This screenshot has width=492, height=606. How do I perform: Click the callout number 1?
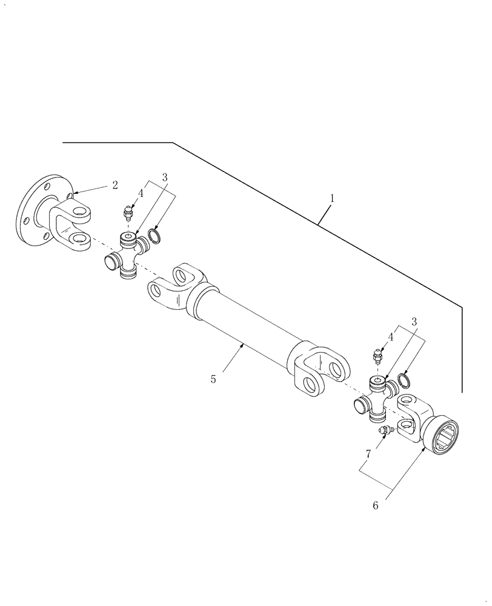(331, 198)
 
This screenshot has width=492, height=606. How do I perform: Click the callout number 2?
(115, 185)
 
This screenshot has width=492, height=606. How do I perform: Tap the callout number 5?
(213, 379)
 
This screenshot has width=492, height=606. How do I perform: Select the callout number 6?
(375, 505)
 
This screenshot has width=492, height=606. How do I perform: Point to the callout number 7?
(368, 453)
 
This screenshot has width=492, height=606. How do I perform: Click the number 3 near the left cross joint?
(164, 177)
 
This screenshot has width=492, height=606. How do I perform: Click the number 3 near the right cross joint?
(414, 322)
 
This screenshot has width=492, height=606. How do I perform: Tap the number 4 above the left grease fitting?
(140, 193)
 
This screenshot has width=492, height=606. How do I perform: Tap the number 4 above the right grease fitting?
(391, 337)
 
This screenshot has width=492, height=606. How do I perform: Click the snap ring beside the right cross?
(404, 383)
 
